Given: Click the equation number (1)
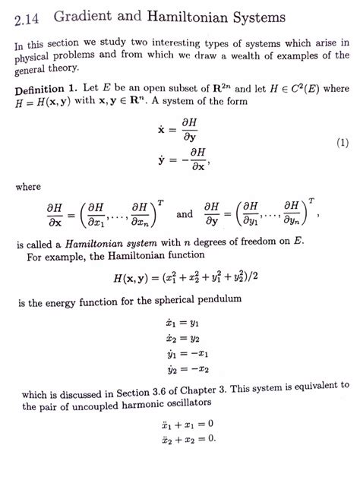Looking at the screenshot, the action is click(341, 144).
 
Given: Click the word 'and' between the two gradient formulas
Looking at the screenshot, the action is click(185, 214).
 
